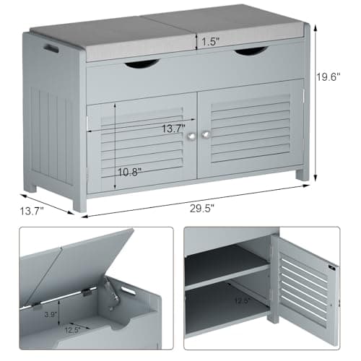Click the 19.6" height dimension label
328,77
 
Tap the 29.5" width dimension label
202,208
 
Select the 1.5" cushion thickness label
210,42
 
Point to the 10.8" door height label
129,172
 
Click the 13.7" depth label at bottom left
32,211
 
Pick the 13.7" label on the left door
173,129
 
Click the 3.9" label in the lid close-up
51,314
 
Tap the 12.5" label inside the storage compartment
72,330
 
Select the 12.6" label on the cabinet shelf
243,300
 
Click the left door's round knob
191,136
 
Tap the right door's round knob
206,135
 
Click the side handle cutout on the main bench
51,48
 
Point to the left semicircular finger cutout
142,64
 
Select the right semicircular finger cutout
251,51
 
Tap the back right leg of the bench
303,175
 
